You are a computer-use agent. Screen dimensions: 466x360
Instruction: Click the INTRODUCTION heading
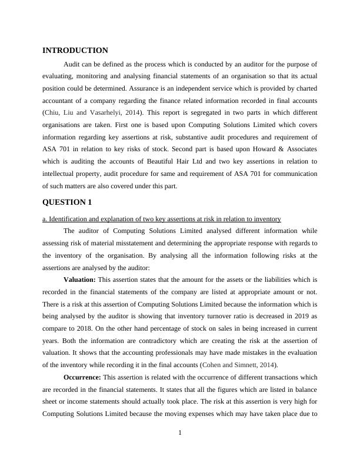click(75, 51)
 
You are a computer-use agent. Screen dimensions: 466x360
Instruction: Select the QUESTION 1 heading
click(67, 202)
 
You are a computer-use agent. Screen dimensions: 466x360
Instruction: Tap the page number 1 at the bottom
click(180, 433)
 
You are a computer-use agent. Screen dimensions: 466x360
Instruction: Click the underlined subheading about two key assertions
click(162, 219)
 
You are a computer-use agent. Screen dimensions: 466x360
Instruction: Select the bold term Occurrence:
click(82, 377)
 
